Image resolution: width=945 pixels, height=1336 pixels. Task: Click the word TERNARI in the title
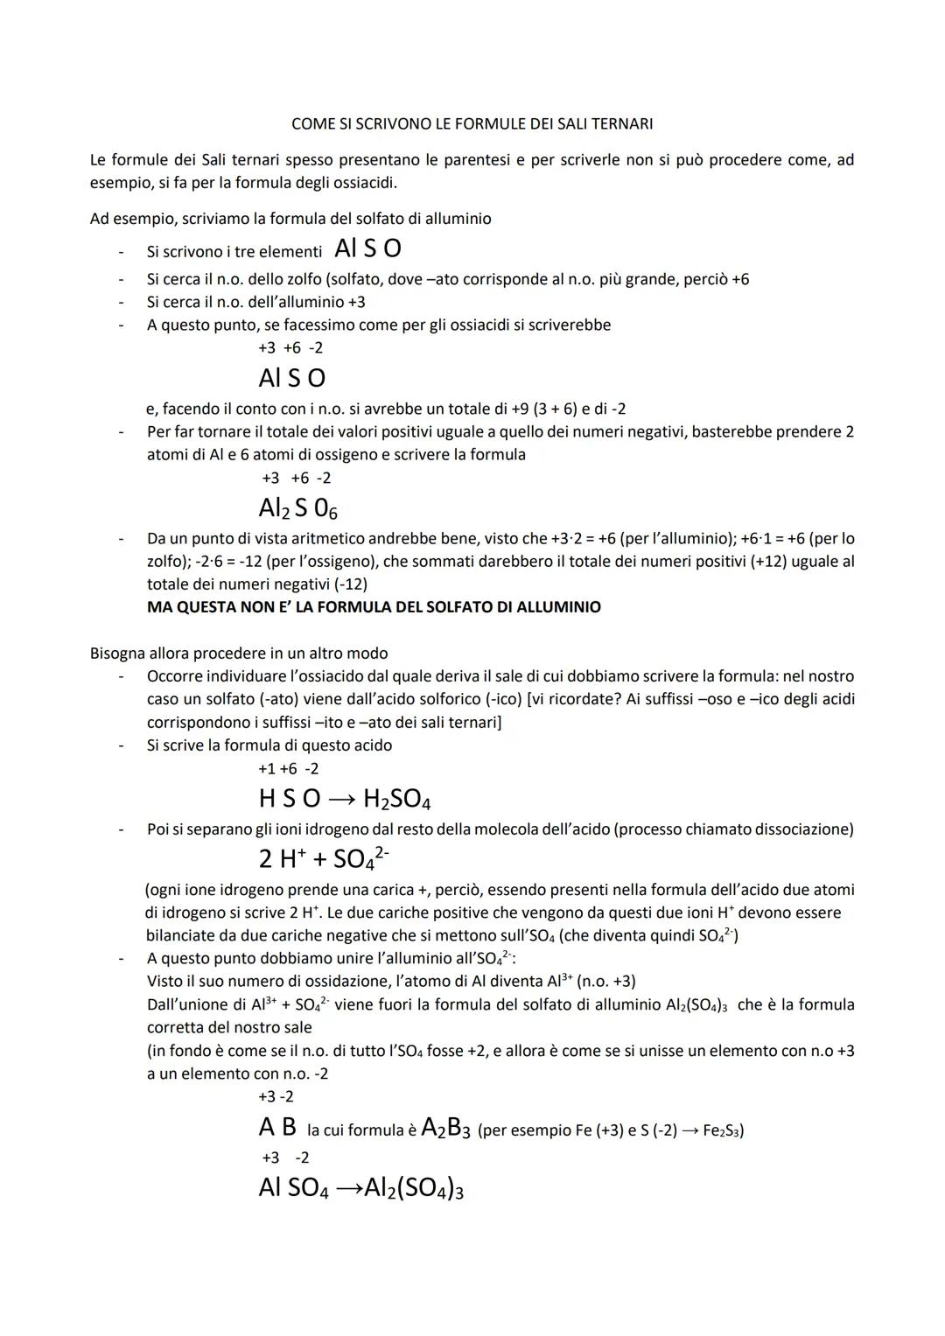click(x=622, y=124)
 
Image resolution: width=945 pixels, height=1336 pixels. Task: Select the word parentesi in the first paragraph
click(x=486, y=160)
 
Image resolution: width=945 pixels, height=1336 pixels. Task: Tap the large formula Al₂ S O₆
click(x=297, y=508)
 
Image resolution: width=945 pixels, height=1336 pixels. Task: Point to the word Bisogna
click(x=118, y=654)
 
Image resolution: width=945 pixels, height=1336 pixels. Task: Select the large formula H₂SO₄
click(x=396, y=799)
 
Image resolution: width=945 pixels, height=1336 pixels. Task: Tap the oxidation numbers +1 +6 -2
click(x=288, y=769)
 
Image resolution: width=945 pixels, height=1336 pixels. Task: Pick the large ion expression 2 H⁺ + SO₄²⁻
click(x=323, y=858)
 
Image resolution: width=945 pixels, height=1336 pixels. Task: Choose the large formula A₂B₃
click(x=445, y=1128)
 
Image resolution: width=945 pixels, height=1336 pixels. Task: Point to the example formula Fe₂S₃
click(x=724, y=1130)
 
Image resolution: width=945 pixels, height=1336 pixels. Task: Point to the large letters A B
click(x=277, y=1128)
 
